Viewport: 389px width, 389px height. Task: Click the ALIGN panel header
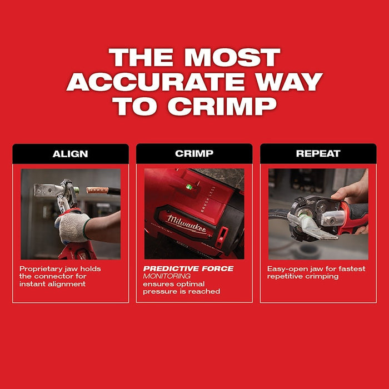(70, 154)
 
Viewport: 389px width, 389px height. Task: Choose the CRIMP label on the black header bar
(194, 154)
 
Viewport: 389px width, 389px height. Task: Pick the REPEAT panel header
(318, 154)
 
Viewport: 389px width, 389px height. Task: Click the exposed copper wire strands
(98, 191)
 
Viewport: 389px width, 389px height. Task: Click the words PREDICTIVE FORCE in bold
(188, 268)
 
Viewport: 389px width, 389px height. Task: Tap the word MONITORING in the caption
(167, 276)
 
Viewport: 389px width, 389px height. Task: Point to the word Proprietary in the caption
(41, 269)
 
